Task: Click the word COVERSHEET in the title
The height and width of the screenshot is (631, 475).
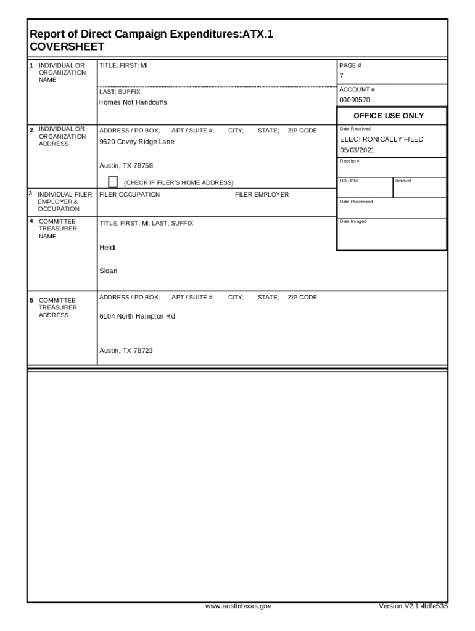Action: [67, 47]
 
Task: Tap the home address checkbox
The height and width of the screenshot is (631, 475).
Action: [113, 181]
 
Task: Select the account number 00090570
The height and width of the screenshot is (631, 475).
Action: [355, 100]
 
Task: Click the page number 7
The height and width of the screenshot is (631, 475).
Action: [341, 76]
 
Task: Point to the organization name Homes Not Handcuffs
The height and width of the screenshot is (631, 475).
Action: [133, 102]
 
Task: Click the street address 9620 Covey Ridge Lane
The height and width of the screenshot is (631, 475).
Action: [137, 142]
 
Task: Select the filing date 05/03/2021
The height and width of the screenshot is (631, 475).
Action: [357, 150]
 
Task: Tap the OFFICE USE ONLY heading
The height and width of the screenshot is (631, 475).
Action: [389, 116]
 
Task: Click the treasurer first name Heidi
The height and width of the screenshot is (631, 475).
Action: [107, 248]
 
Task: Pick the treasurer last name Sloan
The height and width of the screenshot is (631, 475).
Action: [108, 271]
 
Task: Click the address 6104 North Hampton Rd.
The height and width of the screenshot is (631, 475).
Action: [138, 316]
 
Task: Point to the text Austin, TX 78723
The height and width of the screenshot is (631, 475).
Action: [126, 351]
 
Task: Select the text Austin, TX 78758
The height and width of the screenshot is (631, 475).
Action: [126, 165]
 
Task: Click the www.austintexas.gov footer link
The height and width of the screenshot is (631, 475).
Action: [238, 606]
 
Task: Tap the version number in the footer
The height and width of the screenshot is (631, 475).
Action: [413, 606]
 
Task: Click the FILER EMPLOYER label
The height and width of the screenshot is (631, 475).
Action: [262, 195]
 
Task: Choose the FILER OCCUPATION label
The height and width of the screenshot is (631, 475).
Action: [130, 195]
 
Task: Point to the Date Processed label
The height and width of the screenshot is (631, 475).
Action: [356, 202]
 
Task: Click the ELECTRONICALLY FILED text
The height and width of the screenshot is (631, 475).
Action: [382, 139]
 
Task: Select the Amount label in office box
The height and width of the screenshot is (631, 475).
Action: [403, 181]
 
